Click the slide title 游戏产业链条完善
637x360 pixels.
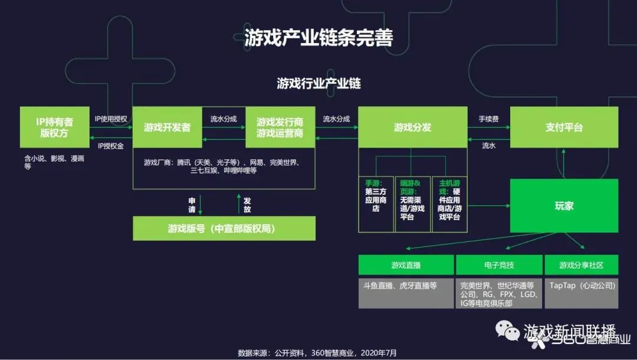click(318, 37)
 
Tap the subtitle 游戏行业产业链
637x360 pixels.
click(318, 83)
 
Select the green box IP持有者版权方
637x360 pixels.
click(54, 127)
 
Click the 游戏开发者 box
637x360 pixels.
click(167, 127)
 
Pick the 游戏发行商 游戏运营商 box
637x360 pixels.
click(280, 127)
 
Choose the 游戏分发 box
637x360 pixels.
click(412, 127)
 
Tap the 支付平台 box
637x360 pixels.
click(564, 127)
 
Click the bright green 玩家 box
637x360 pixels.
click(564, 206)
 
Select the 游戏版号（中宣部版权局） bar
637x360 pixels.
click(224, 228)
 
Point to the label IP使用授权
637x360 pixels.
click(111, 119)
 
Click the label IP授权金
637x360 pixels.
click(111, 146)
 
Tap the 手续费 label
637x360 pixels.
click(488, 119)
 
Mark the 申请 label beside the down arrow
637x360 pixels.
click(192, 204)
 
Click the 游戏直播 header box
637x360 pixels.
click(406, 265)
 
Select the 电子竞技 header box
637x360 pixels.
click(498, 265)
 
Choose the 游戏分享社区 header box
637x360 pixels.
click(581, 265)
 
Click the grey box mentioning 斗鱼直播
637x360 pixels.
click(406, 293)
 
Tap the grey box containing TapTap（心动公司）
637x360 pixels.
click(581, 293)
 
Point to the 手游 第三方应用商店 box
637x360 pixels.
click(376, 204)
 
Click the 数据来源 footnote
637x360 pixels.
click(317, 353)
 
